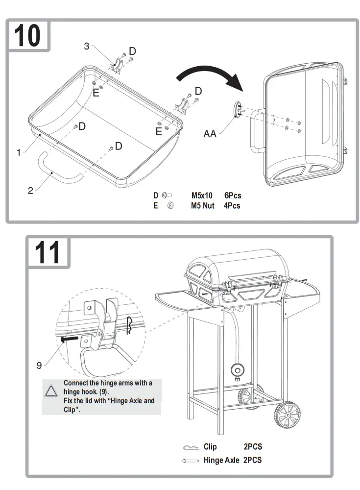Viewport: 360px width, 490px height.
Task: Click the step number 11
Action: (48, 253)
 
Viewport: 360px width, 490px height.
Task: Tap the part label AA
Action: (210, 133)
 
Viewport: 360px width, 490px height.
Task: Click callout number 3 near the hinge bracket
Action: (87, 46)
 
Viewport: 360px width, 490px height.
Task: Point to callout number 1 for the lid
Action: (19, 152)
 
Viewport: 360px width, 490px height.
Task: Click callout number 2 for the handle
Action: (30, 191)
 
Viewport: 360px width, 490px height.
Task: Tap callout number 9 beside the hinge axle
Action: (39, 365)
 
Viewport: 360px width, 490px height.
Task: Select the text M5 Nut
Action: (203, 206)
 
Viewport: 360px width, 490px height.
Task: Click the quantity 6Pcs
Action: (233, 196)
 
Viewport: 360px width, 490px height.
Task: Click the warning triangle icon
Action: (51, 391)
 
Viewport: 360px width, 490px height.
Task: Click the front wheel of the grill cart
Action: (287, 415)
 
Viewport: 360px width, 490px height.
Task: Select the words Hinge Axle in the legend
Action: (221, 460)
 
